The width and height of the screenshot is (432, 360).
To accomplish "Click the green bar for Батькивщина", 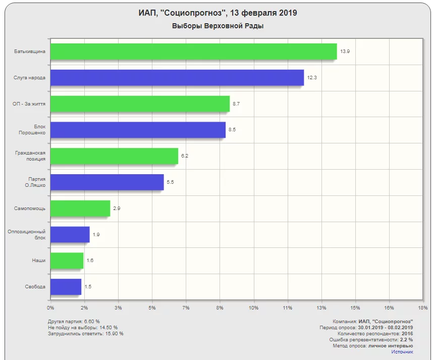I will (193, 52).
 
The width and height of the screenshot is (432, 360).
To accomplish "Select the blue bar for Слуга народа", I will (177, 78).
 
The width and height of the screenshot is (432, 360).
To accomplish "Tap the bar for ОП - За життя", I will (140, 104).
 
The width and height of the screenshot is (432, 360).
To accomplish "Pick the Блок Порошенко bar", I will (138, 130).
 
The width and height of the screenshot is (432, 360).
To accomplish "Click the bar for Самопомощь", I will (80, 208).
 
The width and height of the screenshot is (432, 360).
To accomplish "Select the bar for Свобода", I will (66, 287).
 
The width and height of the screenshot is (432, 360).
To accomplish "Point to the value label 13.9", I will (345, 52).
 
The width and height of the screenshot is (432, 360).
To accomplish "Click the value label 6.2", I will (185, 156).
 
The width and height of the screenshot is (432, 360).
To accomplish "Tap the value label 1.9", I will (96, 234).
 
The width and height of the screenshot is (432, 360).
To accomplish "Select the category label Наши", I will (38, 261).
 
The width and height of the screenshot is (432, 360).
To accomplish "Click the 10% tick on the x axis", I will (253, 307).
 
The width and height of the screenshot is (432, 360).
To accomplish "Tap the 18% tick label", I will (423, 307).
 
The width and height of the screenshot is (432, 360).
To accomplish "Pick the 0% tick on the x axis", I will (50, 307).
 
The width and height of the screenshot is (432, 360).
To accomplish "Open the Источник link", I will (402, 351).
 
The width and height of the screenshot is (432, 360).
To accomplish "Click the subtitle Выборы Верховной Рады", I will (218, 26).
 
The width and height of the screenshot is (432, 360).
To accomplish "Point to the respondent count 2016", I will (407, 333).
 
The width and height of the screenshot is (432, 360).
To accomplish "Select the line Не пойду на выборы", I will (83, 327).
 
